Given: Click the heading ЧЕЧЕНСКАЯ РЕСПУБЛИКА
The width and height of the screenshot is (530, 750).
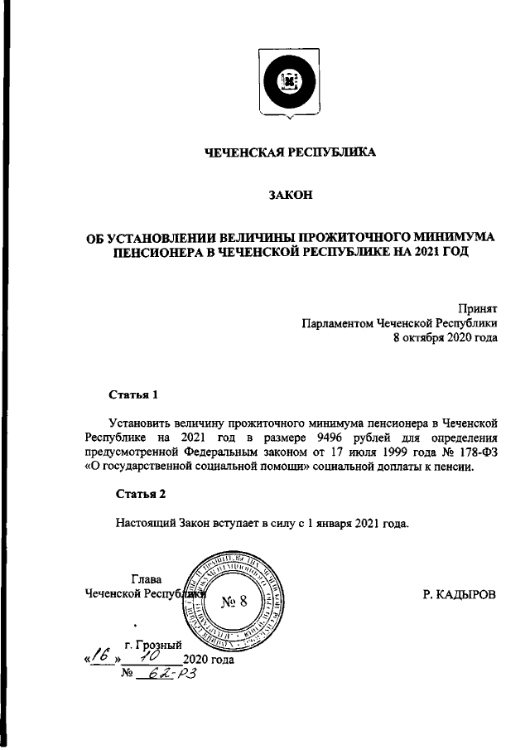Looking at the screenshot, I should tap(290, 152).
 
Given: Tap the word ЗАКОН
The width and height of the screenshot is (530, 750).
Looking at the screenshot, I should tap(290, 196).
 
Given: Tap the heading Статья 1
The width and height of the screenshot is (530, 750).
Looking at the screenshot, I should tap(133, 394).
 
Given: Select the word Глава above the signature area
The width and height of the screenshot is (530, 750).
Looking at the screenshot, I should tap(147, 578).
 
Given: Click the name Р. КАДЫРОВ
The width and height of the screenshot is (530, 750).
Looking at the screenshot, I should tap(459, 594).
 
